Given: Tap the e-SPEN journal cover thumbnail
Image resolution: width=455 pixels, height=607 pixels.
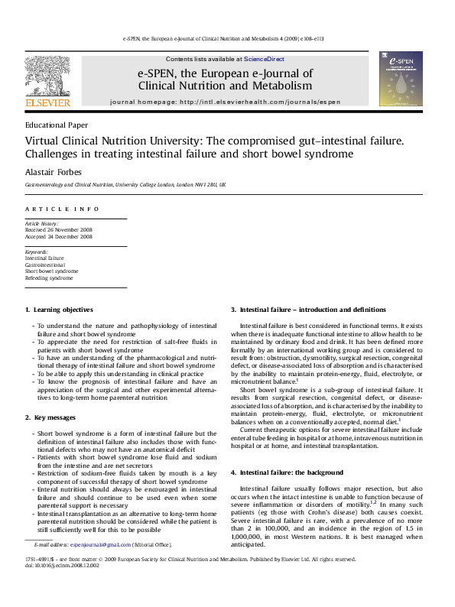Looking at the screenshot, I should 401,79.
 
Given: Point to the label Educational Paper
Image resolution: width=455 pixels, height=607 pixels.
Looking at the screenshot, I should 57,125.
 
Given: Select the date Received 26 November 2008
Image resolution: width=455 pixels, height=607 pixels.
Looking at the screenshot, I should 60,230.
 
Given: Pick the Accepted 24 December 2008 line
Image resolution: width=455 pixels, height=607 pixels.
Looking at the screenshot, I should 59,237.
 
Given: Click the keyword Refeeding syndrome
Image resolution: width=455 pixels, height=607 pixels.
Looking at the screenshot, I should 50,278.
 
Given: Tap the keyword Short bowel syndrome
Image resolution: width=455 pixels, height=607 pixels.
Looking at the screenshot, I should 52,271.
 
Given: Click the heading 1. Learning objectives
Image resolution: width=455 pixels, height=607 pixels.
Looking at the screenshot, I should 60,310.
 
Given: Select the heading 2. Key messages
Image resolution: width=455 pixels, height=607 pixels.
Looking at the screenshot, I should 50,417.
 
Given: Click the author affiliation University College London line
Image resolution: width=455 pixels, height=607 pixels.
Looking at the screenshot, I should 125,185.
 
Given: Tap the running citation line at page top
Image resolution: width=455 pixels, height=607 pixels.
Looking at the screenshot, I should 227,37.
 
